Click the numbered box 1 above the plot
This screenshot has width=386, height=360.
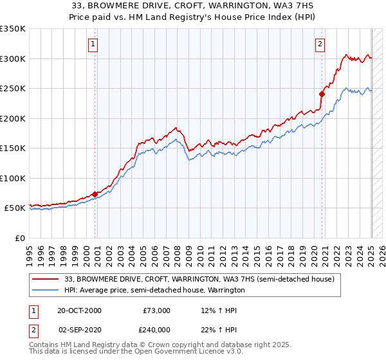(x=93, y=44)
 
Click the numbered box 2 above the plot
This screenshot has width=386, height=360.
(x=320, y=44)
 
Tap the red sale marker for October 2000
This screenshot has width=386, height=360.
(x=95, y=194)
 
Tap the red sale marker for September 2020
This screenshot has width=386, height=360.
(x=322, y=94)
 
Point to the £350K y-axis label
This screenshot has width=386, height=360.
(x=13, y=29)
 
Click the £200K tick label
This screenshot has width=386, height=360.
(x=13, y=118)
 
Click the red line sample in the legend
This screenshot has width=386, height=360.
(x=46, y=280)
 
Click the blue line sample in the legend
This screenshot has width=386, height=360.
(x=46, y=291)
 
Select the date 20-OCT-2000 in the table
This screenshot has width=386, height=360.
(x=79, y=310)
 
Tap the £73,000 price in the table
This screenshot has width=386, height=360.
(x=156, y=310)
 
